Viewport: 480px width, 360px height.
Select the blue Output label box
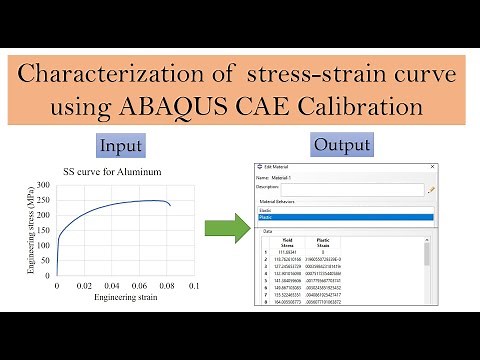tap(342, 145)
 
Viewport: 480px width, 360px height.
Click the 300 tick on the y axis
tap(44, 186)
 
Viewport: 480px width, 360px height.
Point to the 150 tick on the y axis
tap(44, 230)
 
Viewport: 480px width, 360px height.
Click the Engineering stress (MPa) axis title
tap(30, 237)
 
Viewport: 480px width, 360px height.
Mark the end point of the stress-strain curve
tap(172, 206)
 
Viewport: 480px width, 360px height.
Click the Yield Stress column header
tap(287, 243)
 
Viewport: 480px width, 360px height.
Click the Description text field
tap(352, 188)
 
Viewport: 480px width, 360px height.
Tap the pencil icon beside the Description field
tap(432, 188)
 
